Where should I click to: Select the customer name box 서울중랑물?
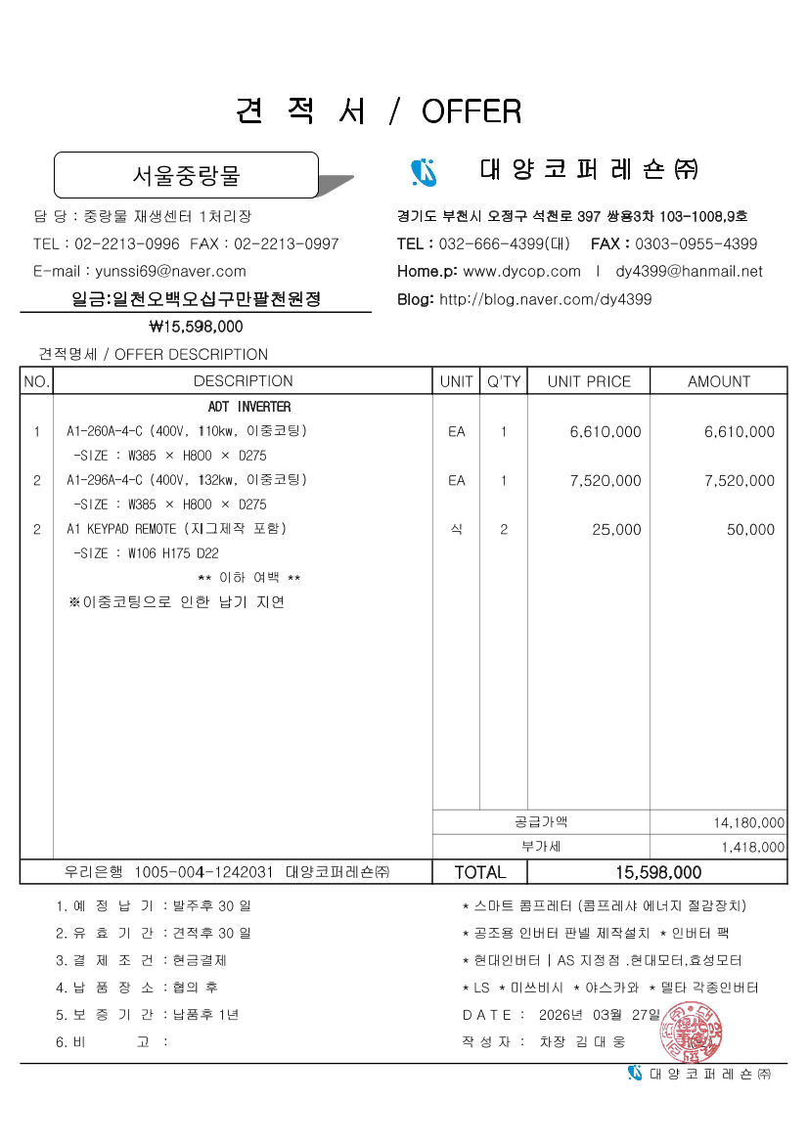click(x=186, y=176)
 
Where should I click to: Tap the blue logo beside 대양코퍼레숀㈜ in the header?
click(x=424, y=172)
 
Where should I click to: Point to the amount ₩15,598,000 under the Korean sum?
click(x=196, y=327)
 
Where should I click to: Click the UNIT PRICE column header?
click(x=589, y=381)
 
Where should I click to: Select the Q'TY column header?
click(x=504, y=381)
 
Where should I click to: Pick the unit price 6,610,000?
click(x=606, y=431)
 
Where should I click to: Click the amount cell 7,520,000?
click(x=739, y=480)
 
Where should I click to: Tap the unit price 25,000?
click(x=616, y=530)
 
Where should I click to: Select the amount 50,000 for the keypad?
click(x=750, y=530)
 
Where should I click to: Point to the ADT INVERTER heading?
click(x=249, y=407)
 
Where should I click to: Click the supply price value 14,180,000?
click(x=749, y=823)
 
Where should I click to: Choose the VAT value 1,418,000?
click(x=752, y=848)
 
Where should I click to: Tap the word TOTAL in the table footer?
click(x=480, y=872)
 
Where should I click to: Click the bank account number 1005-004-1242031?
click(x=203, y=872)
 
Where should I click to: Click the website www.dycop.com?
click(x=521, y=271)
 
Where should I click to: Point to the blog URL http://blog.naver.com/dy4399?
click(x=545, y=299)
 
